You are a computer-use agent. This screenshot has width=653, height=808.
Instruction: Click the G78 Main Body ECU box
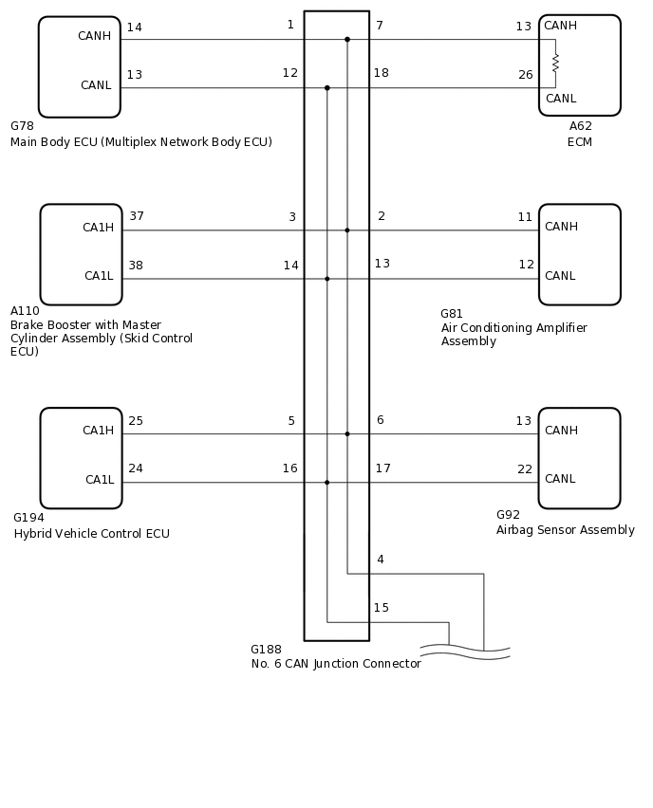pos(79,66)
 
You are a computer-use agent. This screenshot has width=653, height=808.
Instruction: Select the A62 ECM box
pos(579,64)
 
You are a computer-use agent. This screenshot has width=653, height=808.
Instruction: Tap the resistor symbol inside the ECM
pos(555,63)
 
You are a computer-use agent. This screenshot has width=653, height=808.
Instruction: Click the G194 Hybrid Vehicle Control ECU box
pos(81,458)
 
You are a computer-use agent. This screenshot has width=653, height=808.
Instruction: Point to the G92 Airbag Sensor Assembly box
pos(579,458)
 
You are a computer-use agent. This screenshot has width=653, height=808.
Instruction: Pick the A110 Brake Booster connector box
pos(81,254)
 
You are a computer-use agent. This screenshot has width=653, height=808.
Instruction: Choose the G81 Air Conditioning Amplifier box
pos(579,254)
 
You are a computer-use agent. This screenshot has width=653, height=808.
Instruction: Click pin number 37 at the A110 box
pos(137,217)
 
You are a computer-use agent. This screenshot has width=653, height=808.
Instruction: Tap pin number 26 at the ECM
pos(525,75)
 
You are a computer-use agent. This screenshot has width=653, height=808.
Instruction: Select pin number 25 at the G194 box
pos(136,421)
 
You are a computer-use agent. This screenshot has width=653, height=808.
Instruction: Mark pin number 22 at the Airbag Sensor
pos(525,469)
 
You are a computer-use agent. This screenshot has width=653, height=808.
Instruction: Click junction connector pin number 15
pos(381,608)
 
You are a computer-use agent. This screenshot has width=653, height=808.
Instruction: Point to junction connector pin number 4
pos(380,560)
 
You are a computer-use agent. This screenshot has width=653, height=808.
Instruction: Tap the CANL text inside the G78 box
pos(96,85)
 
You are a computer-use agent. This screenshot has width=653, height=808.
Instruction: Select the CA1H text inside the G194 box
pos(98,431)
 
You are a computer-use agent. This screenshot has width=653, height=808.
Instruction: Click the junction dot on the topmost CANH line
pos(347,40)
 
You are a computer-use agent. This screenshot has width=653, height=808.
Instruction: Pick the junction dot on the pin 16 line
pos(327,483)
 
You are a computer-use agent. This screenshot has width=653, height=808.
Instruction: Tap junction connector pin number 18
pos(381,73)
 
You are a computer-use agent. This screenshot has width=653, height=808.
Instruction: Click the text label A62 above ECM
pos(580,126)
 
